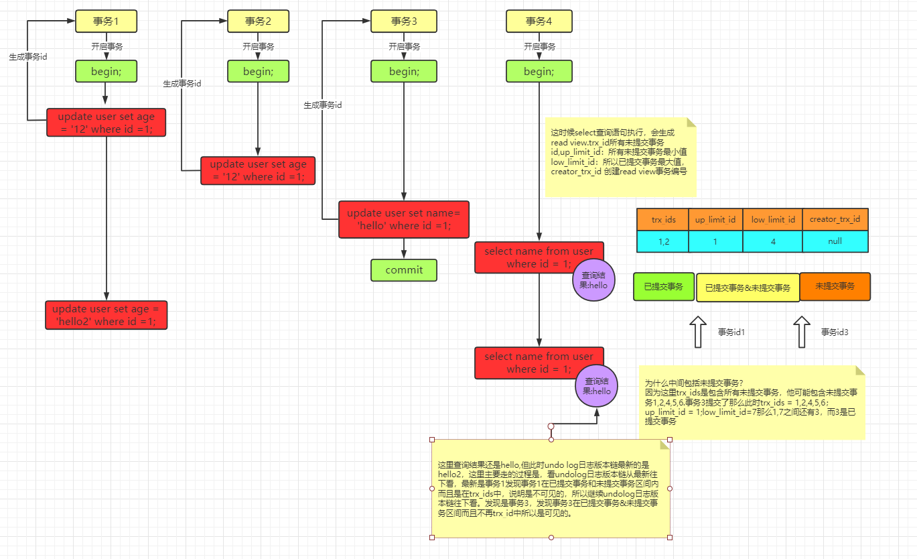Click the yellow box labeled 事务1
(x=106, y=21)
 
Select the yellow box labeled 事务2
(x=258, y=21)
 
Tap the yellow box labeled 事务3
(x=404, y=21)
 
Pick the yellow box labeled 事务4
(x=539, y=21)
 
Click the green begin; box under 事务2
(x=258, y=71)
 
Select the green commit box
(x=404, y=270)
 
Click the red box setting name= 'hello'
(x=404, y=219)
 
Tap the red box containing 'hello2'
(x=106, y=315)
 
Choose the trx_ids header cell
(x=662, y=219)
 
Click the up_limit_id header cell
(x=715, y=219)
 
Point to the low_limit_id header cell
(x=772, y=219)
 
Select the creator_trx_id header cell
(x=835, y=219)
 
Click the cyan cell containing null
(x=835, y=241)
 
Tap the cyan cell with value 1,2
(x=662, y=241)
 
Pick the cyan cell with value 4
(x=772, y=241)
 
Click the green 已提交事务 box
(x=664, y=287)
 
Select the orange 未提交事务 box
(x=835, y=287)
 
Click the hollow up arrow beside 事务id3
(x=802, y=332)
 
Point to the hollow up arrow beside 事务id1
(x=698, y=332)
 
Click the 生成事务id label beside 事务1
(x=28, y=57)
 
